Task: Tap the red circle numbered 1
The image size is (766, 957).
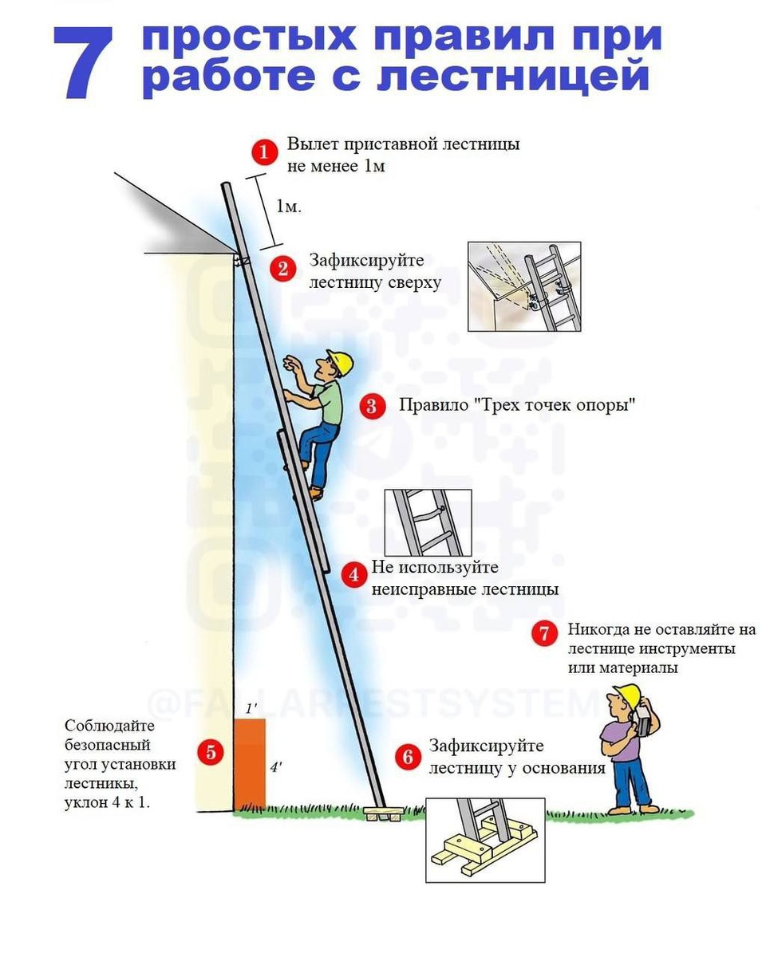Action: [x=263, y=152]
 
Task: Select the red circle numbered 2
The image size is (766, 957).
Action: [x=282, y=268]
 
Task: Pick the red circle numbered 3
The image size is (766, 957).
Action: [x=371, y=405]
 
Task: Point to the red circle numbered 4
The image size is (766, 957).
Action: [x=353, y=574]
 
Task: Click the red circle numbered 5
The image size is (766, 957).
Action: [x=211, y=751]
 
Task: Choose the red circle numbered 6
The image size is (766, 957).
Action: [x=408, y=756]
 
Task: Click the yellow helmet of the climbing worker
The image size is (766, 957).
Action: [x=341, y=361]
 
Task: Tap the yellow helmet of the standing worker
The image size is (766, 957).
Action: [x=630, y=695]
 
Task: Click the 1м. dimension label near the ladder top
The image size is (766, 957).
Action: [x=289, y=207]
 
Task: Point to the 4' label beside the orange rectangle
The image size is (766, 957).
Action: [x=275, y=767]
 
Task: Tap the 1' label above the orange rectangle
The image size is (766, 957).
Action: [x=250, y=709]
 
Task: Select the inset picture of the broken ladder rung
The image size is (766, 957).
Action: [x=428, y=522]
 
